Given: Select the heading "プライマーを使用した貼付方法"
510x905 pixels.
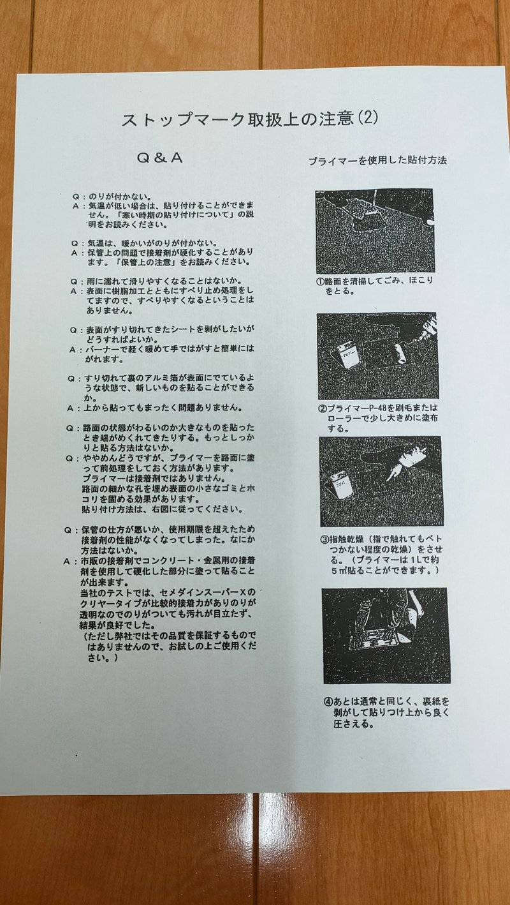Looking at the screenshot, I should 377,161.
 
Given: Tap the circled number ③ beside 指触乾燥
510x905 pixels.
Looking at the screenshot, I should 323,537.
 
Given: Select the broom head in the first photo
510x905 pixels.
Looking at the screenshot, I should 363,223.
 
